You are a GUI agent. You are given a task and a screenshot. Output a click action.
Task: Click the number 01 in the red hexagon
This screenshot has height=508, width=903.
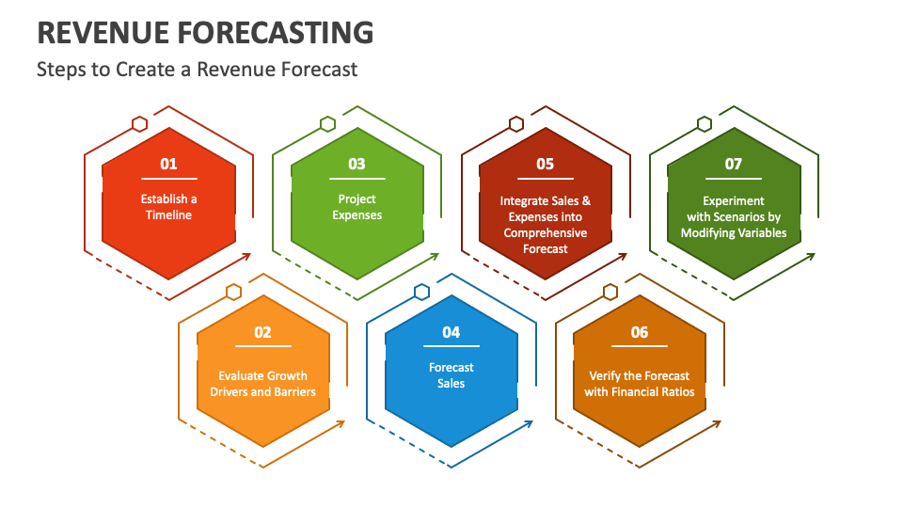[168, 164]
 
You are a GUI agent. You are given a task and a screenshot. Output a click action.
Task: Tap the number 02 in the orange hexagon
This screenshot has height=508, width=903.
[262, 332]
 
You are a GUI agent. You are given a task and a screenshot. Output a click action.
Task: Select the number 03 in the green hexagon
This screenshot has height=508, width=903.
[357, 164]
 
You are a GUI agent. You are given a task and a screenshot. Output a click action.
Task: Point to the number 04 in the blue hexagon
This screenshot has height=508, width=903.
[451, 332]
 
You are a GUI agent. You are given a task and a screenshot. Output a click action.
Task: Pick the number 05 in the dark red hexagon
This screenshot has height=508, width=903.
[546, 164]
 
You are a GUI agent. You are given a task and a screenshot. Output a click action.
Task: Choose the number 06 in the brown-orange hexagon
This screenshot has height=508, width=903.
[640, 332]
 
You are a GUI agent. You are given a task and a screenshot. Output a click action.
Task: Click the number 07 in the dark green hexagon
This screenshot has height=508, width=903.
[733, 164]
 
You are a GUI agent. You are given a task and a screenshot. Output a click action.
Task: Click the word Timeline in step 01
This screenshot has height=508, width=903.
[168, 214]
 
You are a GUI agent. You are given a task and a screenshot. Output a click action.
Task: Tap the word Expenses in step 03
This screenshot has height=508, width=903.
[357, 215]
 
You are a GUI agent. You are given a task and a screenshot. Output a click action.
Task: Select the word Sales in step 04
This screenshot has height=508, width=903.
[451, 384]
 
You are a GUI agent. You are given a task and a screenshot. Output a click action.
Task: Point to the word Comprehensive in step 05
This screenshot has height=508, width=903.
[546, 233]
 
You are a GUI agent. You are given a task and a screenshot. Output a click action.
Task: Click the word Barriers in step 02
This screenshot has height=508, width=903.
[294, 391]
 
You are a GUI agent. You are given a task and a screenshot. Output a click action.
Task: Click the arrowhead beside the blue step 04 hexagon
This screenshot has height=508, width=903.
[528, 424]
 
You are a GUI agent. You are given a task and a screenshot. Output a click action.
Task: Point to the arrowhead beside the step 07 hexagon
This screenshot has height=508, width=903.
[810, 256]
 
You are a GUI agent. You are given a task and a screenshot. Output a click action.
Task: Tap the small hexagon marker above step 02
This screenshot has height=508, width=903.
[233, 292]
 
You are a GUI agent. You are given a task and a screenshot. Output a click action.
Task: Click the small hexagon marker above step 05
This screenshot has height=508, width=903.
[516, 124]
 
